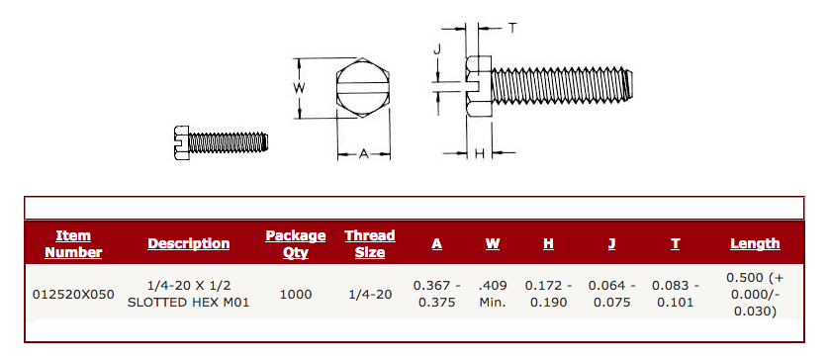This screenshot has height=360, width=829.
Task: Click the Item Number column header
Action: [x=73, y=243]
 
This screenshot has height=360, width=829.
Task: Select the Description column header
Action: [x=188, y=243]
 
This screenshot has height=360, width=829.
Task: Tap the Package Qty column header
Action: [x=295, y=243]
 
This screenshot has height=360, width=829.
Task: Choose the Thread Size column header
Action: [x=369, y=243]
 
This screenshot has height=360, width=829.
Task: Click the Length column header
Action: [x=754, y=243]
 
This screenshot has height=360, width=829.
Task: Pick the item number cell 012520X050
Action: [x=73, y=294]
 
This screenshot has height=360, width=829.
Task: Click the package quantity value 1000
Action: [x=295, y=294]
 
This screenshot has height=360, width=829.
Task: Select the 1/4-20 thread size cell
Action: [x=369, y=294]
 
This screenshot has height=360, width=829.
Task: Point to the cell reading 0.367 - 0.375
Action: [x=436, y=294]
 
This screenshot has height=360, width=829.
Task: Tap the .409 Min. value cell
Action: [x=493, y=294]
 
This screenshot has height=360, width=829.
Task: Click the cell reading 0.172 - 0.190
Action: [x=548, y=294]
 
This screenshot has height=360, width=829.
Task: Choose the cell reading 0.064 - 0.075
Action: [x=611, y=294]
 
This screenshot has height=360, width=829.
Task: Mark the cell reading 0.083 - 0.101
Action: [x=675, y=294]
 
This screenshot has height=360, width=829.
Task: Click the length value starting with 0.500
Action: [x=755, y=294]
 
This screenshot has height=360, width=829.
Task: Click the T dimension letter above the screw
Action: [x=511, y=29]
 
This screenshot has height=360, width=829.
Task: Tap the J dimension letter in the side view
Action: [x=436, y=48]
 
